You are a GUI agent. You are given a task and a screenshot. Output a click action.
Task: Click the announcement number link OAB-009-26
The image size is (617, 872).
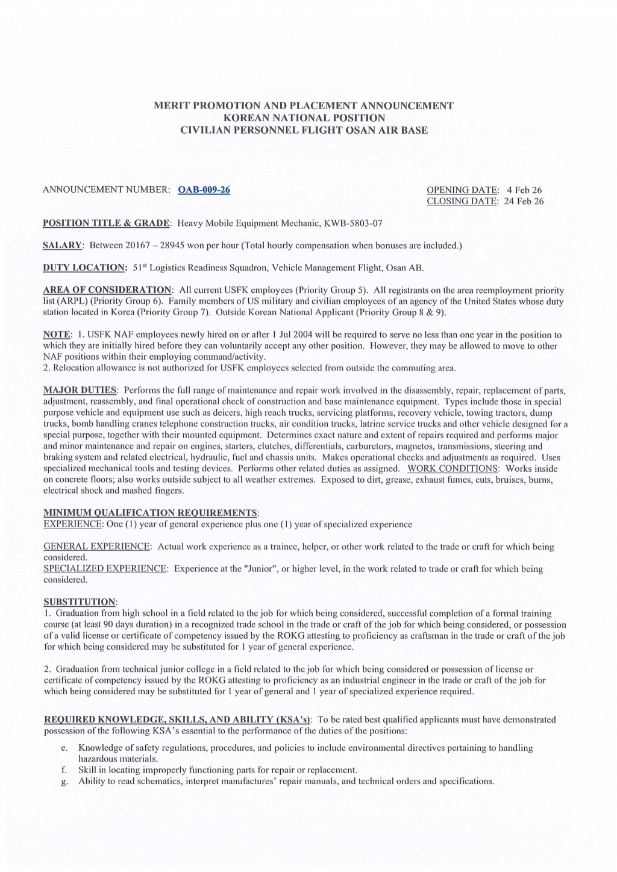(204, 190)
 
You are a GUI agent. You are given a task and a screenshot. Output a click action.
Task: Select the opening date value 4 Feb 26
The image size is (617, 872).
(524, 190)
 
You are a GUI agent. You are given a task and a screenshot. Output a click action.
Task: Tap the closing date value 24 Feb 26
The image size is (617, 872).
(524, 201)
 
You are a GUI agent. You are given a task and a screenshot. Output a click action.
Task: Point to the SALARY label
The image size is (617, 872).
(63, 245)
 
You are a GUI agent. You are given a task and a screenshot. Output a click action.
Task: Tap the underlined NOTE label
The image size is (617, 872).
(57, 334)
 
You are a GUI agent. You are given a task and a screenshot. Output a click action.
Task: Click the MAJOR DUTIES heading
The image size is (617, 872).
(81, 391)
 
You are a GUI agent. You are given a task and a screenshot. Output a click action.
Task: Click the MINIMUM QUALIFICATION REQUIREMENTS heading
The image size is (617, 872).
(151, 513)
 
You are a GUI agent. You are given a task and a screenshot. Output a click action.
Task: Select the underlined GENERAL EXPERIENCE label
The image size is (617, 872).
(97, 547)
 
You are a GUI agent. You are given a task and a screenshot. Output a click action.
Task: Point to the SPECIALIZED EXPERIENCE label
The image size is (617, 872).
(105, 569)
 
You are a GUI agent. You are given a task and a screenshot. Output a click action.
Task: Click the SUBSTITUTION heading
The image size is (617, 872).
(80, 602)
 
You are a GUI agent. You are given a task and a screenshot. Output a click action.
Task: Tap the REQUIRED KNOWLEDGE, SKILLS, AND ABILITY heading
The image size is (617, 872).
(177, 720)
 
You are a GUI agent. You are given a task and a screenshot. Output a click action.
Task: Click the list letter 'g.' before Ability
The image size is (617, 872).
(64, 782)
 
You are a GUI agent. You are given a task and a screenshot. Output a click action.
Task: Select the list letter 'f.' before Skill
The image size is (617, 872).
(64, 770)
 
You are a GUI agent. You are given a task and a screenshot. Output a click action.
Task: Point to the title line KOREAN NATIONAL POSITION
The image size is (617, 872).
(304, 118)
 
